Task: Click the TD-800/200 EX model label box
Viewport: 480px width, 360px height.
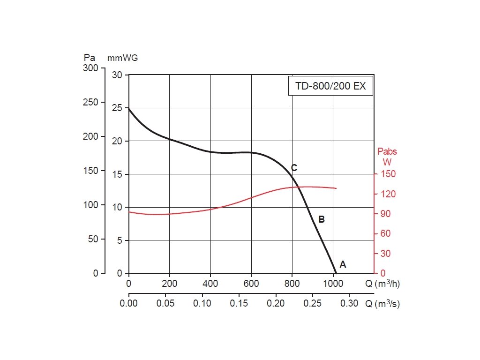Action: click(330, 86)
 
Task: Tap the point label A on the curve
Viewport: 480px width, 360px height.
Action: click(343, 264)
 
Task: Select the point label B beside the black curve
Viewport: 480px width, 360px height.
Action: click(322, 219)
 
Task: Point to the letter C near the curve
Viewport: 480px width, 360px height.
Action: click(294, 168)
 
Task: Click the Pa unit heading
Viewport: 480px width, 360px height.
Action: click(90, 58)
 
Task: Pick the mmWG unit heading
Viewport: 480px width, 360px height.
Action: click(123, 58)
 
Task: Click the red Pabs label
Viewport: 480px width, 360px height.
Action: click(387, 152)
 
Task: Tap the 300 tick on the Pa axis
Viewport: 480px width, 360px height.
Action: click(91, 68)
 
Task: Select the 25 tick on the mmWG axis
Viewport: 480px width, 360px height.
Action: click(117, 108)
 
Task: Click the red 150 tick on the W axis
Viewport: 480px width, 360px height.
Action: click(389, 174)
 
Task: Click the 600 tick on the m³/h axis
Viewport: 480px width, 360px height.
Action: click(251, 284)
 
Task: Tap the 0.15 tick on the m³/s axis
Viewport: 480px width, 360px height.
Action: click(239, 303)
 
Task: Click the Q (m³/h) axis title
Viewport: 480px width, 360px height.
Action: click(383, 284)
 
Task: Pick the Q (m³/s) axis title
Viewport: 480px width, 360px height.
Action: click(383, 304)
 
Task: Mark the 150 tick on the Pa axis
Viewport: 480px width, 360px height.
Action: click(91, 171)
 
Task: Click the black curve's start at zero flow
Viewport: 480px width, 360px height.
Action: click(129, 109)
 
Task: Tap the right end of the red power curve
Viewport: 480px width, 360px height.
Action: click(336, 188)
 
